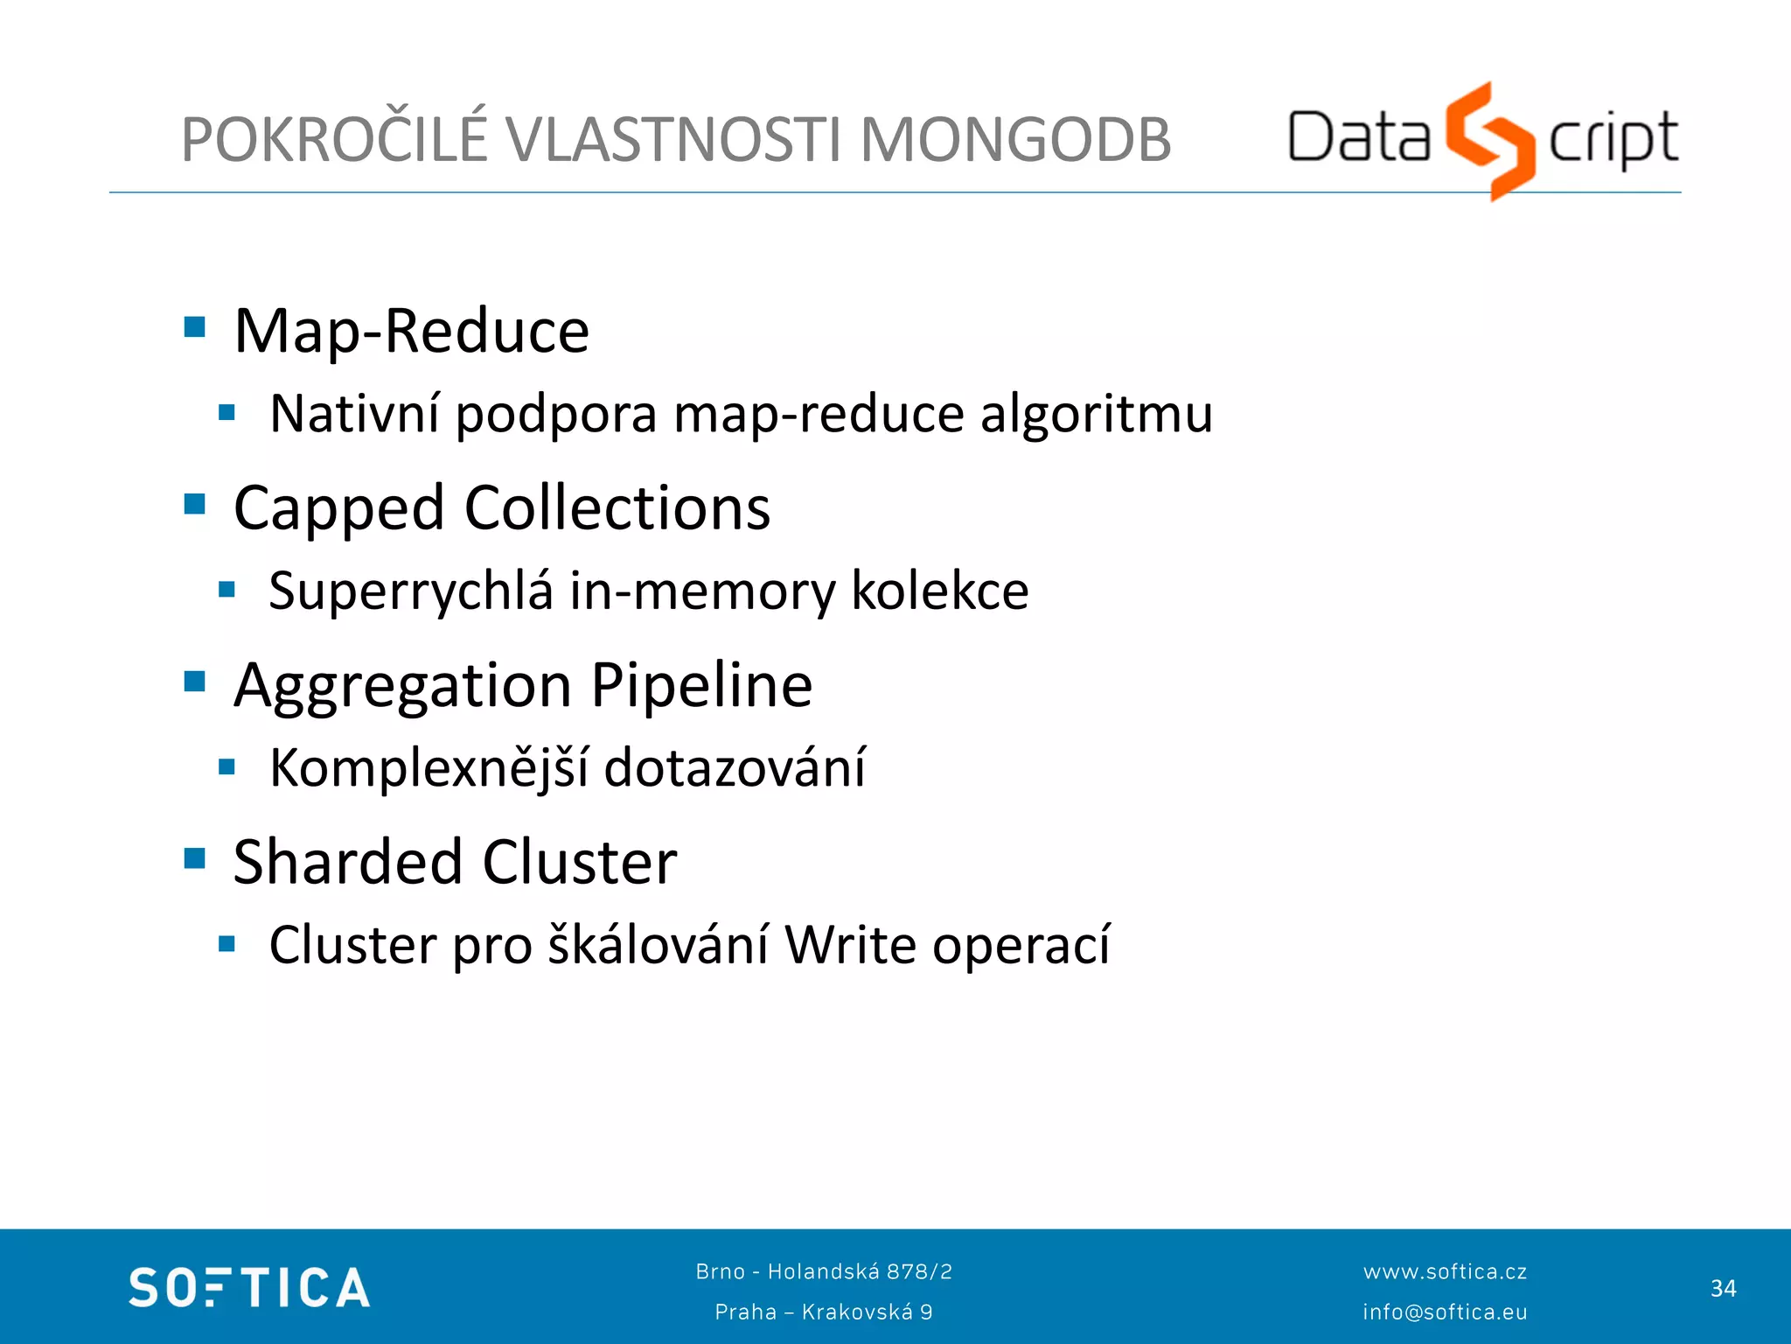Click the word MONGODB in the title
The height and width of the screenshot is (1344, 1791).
[1015, 140]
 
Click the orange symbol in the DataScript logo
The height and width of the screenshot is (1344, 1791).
[1489, 140]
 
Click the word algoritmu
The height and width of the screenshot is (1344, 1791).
[1096, 413]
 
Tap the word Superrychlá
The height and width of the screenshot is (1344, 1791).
[411, 591]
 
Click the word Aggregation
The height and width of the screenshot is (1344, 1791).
[403, 686]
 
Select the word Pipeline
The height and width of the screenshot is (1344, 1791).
[701, 684]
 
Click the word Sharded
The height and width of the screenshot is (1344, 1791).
[348, 862]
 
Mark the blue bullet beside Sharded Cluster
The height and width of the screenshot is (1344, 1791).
[195, 858]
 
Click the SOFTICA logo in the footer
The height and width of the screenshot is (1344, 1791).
[249, 1288]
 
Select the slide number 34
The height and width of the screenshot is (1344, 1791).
[1723, 1288]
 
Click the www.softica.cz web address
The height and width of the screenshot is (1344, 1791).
[1445, 1271]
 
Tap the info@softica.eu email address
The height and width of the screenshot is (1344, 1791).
[1445, 1312]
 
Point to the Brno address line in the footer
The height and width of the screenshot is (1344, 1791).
[824, 1271]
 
